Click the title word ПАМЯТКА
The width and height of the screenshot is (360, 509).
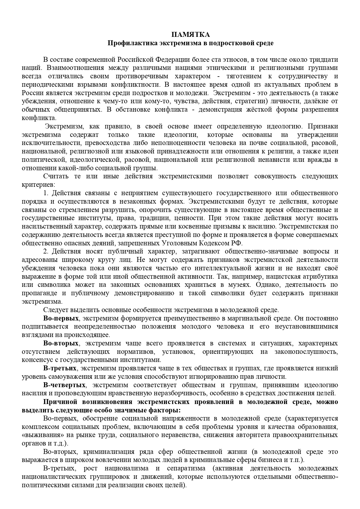(190, 35)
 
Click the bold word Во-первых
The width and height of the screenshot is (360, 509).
(61, 318)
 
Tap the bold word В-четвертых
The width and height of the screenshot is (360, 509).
(64, 385)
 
